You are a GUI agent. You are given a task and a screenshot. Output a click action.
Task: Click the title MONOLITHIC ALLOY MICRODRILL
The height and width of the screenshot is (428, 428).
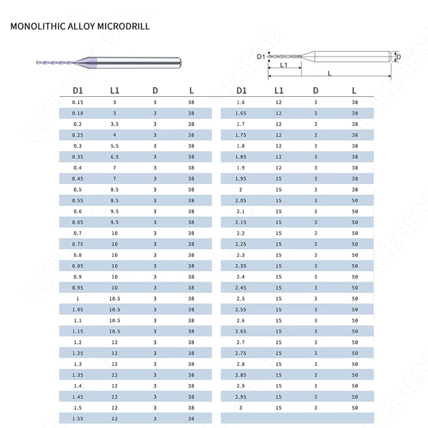(80, 26)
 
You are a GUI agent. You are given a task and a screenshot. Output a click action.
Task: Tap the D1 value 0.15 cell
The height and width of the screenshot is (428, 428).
(78, 102)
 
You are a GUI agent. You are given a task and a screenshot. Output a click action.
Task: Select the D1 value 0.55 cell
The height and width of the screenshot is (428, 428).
(78, 200)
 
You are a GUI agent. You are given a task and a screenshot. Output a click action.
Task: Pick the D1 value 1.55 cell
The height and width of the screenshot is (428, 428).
(78, 418)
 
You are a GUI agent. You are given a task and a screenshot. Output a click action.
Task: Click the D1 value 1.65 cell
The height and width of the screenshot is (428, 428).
(241, 113)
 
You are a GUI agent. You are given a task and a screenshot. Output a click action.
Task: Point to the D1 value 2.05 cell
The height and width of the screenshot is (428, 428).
(241, 200)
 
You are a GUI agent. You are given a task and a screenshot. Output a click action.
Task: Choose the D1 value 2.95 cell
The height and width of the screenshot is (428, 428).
(241, 396)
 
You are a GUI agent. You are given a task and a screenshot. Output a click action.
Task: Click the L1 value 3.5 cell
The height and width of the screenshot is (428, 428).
(114, 124)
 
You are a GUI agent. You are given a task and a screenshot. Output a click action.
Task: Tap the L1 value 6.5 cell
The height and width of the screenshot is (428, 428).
(114, 156)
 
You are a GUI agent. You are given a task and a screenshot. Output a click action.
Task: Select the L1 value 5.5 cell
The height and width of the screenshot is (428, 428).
(114, 146)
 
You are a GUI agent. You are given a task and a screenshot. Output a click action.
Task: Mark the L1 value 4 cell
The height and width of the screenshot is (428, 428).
(114, 134)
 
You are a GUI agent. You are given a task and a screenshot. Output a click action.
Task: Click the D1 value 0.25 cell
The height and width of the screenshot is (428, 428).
(78, 134)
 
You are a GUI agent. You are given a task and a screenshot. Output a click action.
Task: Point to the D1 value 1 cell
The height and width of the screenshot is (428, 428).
(78, 299)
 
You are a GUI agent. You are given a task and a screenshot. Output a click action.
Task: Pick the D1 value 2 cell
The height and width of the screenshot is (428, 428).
(241, 189)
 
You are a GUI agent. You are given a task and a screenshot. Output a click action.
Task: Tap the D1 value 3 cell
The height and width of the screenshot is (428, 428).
(241, 408)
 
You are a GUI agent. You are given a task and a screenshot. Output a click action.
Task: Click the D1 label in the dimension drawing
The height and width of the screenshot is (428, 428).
(261, 56)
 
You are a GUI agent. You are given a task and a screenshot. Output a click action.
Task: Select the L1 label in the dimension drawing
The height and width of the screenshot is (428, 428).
(284, 65)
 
